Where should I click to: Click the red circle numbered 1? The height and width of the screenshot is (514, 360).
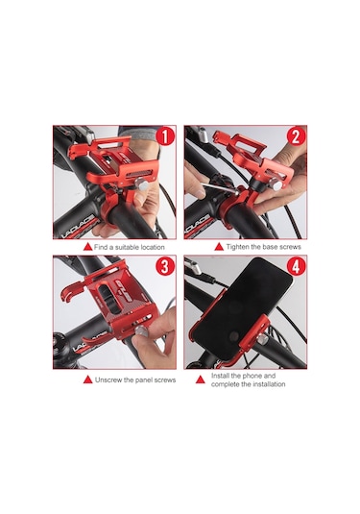[x=166, y=136]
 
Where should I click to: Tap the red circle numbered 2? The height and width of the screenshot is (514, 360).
[x=296, y=136]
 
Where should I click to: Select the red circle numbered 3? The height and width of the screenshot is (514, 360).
[x=165, y=267]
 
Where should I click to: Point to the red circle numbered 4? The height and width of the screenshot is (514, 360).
[x=296, y=267]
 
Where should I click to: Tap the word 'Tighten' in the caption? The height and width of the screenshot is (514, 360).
[x=237, y=247]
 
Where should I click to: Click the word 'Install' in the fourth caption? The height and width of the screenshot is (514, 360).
[x=220, y=376]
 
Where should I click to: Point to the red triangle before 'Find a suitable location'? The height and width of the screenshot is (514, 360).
[x=87, y=247]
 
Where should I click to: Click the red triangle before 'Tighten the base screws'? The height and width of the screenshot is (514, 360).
[x=219, y=247]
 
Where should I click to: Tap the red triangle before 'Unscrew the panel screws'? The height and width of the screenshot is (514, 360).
[x=87, y=379]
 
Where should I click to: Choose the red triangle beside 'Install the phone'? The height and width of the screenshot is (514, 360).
[x=200, y=379]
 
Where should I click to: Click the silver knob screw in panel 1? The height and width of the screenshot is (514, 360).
[x=141, y=183]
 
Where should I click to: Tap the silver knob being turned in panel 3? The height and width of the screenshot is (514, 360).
[x=141, y=330]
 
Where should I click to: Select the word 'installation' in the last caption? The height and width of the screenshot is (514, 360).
[x=269, y=384]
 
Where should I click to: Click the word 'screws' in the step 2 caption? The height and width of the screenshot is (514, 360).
[x=291, y=247]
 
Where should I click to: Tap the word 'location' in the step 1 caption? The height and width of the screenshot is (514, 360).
[x=153, y=247]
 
